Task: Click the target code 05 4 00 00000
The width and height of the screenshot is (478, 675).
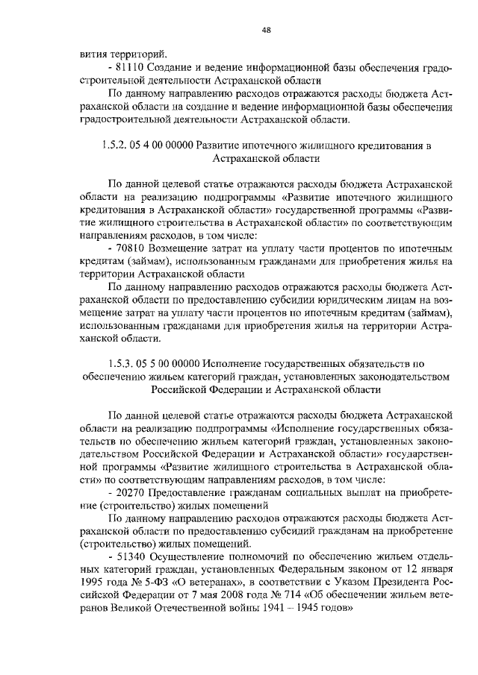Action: tap(164, 144)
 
